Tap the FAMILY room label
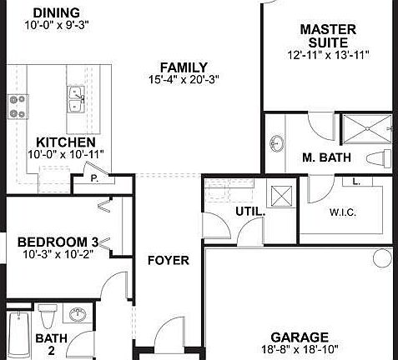click(x=184, y=67)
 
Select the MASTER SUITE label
click(x=328, y=36)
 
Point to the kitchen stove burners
click(x=17, y=106)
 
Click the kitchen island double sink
click(x=76, y=98)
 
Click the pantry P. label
click(x=94, y=177)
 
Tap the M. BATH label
click(x=326, y=157)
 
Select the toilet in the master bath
click(x=382, y=158)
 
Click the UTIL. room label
click(x=249, y=212)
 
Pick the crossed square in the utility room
click(x=280, y=197)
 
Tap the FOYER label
click(x=169, y=260)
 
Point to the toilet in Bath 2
click(x=47, y=317)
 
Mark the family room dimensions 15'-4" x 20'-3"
click(x=184, y=81)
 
